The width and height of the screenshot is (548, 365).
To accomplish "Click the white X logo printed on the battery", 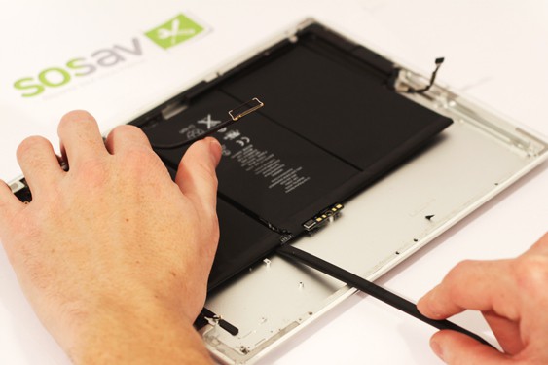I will pyautogui.click(x=207, y=124).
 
